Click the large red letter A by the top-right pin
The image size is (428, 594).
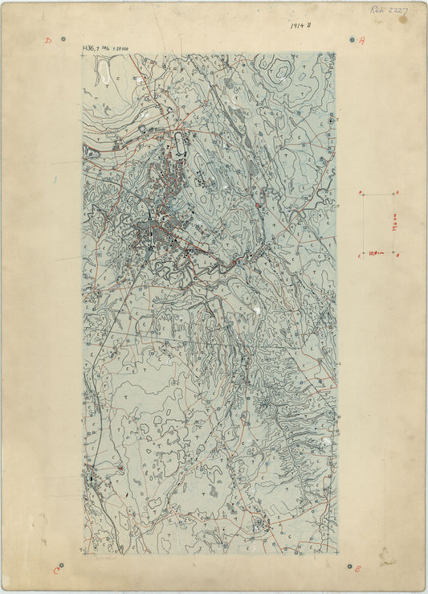coord(361,40)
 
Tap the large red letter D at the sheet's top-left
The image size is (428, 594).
coord(48,39)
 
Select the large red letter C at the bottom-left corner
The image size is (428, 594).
coord(56,571)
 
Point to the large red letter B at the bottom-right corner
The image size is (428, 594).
coord(358,568)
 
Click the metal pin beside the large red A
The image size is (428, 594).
coord(352,39)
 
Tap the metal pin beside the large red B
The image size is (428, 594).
coord(349,566)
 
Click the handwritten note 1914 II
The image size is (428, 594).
coord(301,26)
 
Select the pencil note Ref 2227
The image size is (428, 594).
coord(389,10)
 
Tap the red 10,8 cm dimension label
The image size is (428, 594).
coord(377,252)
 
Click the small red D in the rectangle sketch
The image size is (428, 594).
coord(361,193)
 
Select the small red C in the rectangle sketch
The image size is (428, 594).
coord(359,255)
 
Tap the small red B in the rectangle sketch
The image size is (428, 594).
coord(398,255)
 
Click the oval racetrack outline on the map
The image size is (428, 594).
coord(177,145)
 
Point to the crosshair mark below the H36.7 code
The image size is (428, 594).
coord(83,57)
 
